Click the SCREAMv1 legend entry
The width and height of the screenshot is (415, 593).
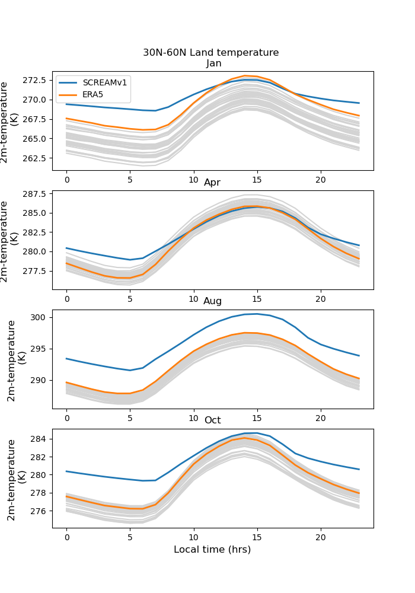(104, 82)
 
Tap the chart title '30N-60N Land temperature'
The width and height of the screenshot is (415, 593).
(210, 53)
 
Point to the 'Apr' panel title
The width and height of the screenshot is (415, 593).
(212, 183)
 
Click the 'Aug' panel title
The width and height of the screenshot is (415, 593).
(213, 301)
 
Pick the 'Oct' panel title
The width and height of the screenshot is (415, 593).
(213, 420)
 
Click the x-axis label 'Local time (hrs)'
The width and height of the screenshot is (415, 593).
(212, 550)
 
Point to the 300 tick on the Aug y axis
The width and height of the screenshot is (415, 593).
(40, 317)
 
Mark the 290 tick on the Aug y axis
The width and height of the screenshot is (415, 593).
(40, 380)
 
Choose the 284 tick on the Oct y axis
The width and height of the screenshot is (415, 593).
(40, 439)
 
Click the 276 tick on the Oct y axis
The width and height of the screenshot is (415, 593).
(40, 511)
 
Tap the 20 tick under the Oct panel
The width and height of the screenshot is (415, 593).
(321, 537)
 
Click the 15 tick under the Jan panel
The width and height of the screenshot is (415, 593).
(257, 180)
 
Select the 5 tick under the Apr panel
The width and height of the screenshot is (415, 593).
(130, 299)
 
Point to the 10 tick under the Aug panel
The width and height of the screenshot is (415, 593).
(194, 417)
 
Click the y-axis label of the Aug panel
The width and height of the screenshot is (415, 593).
(17, 359)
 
